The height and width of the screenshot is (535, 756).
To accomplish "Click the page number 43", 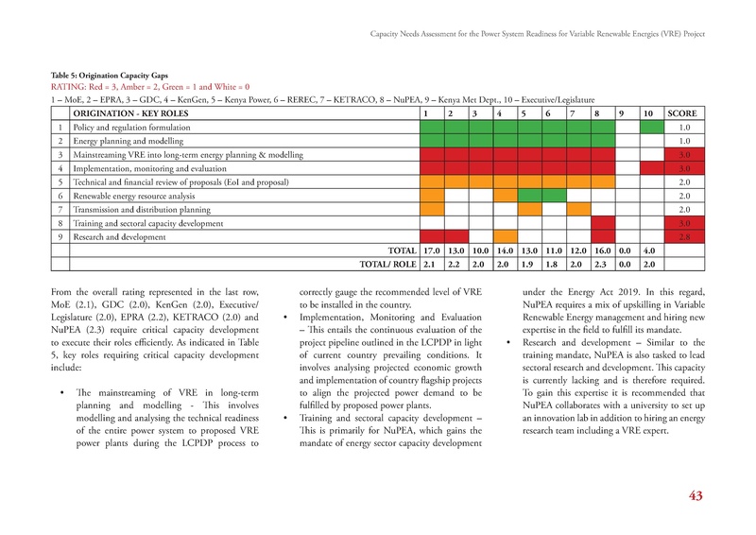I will click(x=696, y=498).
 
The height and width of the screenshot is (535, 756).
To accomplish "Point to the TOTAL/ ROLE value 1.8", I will click(x=553, y=265).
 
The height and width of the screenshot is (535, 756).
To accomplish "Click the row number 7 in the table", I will click(x=60, y=209).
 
